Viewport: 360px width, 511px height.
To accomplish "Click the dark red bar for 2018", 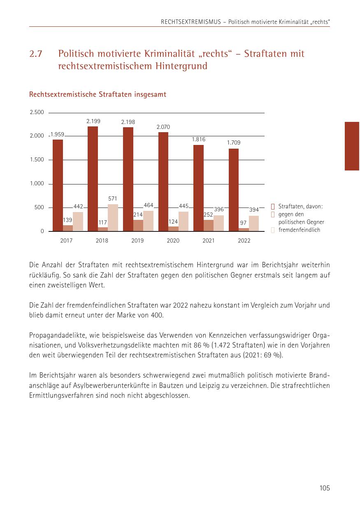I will tap(93, 179).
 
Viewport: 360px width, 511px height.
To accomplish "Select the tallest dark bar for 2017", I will tap(58, 185).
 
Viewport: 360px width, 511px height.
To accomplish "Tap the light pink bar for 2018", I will tap(113, 217).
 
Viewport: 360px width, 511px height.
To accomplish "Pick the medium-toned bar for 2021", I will tap(209, 225).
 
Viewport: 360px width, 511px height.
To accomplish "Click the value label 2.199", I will tap(93, 121).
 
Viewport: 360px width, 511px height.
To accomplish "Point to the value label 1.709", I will tap(234, 143).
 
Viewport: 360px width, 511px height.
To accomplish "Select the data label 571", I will tap(113, 199).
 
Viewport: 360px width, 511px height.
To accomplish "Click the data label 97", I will tap(244, 223).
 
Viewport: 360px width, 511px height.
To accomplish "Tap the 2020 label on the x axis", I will tap(173, 241).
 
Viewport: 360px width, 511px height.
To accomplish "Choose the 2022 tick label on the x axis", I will tap(244, 241).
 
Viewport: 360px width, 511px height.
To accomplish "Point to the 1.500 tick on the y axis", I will tap(37, 160).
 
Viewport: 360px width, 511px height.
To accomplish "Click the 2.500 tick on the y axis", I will tap(37, 112).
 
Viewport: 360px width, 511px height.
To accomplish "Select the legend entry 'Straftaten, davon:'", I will tap(300, 206).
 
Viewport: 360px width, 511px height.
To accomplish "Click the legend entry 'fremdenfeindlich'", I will tap(299, 230).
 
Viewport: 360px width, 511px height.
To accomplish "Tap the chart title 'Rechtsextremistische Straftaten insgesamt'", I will tap(98, 95).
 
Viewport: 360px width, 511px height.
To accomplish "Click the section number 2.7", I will tap(36, 54).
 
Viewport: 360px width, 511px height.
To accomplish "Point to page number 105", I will tap(325, 488).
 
